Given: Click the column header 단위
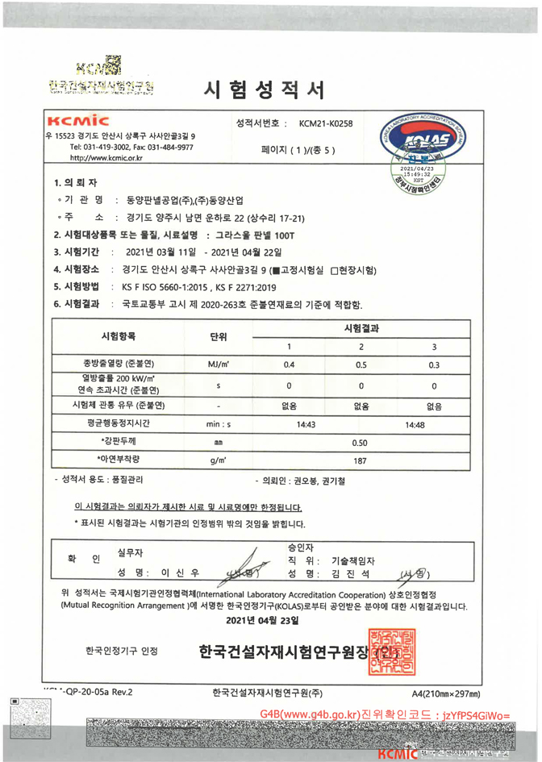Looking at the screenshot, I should tap(218, 335).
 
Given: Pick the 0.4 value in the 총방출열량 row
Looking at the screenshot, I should tap(290, 365).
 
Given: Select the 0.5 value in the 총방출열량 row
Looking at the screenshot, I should tap(361, 365).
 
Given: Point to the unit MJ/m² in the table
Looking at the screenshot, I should tap(218, 365).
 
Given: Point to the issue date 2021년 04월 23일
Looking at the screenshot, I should tap(262, 622).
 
